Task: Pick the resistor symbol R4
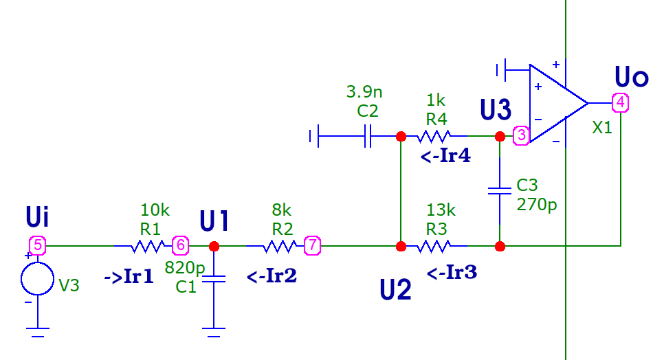pos(436,136)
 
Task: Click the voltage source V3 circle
pos(37,278)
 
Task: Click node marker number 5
pos(37,245)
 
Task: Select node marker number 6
pos(179,245)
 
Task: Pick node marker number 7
pos(313,245)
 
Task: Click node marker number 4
pos(621,103)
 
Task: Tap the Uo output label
pos(631,77)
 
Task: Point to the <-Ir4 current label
pos(446,157)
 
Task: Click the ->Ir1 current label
pos(129,277)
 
